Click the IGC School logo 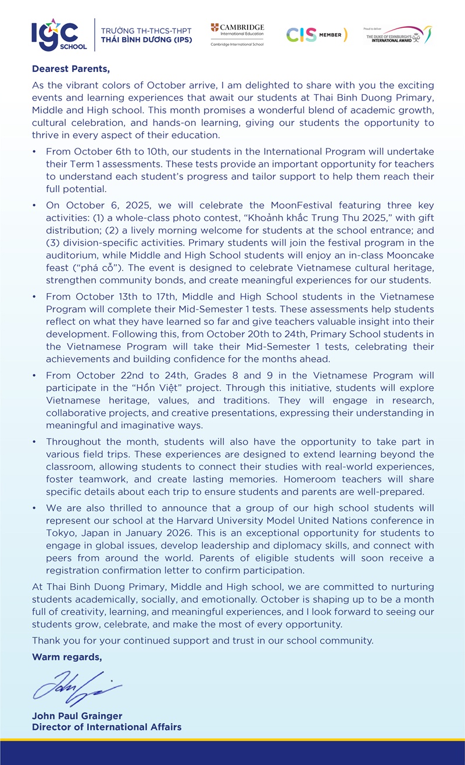click(x=60, y=35)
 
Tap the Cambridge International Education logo click(x=237, y=35)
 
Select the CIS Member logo click(x=317, y=35)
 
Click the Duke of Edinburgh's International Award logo click(x=398, y=35)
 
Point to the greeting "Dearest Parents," click(x=70, y=69)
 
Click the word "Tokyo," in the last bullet click(x=60, y=532)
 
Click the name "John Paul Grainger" click(x=77, y=716)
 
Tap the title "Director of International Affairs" click(x=106, y=727)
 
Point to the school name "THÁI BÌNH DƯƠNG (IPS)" click(x=146, y=40)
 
